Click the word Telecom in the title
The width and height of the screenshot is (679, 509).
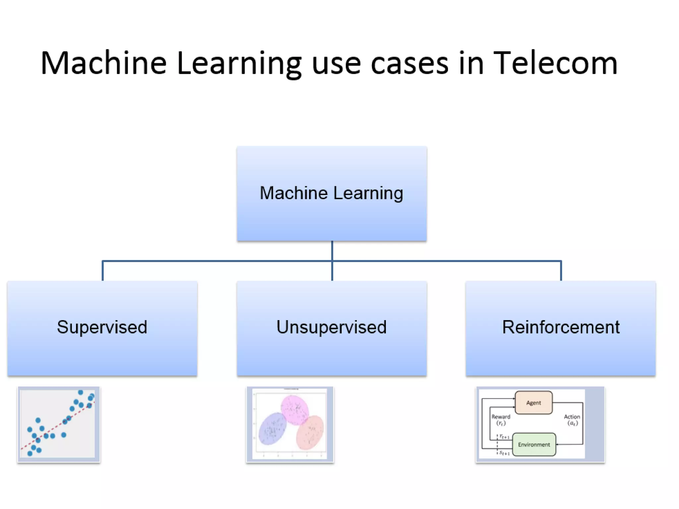tap(555, 63)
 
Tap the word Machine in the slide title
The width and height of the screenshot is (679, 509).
tap(103, 63)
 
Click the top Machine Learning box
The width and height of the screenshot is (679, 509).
tap(332, 193)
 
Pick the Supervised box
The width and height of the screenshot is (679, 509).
tap(102, 328)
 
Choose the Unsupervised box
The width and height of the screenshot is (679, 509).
tap(332, 328)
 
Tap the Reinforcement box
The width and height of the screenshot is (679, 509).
tap(561, 328)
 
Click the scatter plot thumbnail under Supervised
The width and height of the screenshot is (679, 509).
tap(58, 424)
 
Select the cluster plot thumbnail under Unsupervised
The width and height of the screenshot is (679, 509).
tap(290, 424)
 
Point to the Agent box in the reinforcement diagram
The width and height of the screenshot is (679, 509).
tap(533, 403)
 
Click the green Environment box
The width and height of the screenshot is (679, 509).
tap(534, 444)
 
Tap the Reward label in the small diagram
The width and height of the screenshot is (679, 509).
tap(501, 417)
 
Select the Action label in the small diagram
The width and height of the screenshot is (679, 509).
tap(572, 417)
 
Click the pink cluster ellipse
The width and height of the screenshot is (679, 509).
tap(294, 410)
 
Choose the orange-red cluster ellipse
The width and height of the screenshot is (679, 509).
tap(310, 432)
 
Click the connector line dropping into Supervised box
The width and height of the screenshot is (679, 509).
tap(103, 271)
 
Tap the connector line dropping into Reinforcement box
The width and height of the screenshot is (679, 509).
tap(561, 271)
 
